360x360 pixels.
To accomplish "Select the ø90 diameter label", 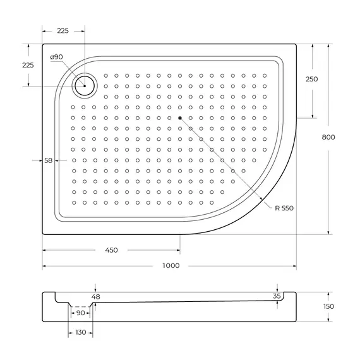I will click(x=56, y=57).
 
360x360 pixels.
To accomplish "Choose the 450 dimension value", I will click(x=111, y=250).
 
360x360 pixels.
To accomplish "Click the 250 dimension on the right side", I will click(x=311, y=79).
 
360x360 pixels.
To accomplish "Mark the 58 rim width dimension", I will click(x=49, y=160).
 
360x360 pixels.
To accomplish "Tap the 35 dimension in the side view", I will click(x=277, y=296).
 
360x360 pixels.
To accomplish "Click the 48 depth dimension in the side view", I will click(x=95, y=296).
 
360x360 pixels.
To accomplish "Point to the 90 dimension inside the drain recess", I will click(x=80, y=313).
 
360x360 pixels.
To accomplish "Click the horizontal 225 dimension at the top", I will click(x=63, y=31).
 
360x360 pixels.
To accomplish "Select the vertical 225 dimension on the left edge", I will click(x=28, y=65).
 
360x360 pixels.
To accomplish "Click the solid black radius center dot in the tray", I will click(x=180, y=118).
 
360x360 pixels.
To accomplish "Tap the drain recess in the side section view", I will click(x=80, y=304).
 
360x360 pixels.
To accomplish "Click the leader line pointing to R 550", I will click(x=227, y=164).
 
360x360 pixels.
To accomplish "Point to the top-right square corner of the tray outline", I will click(x=296, y=44).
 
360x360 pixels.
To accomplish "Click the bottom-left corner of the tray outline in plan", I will click(x=43, y=234).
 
